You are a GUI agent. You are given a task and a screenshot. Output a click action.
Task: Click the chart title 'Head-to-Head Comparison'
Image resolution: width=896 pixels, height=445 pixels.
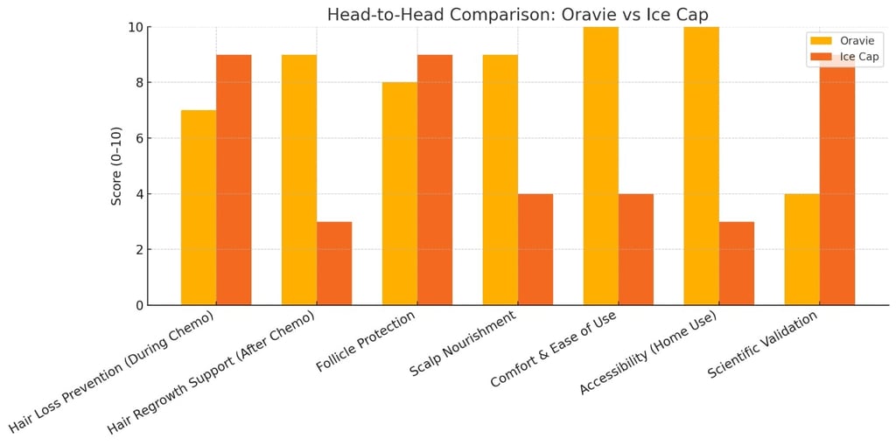pos(517,14)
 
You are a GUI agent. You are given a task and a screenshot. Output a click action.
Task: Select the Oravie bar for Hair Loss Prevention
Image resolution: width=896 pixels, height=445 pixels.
pos(199,207)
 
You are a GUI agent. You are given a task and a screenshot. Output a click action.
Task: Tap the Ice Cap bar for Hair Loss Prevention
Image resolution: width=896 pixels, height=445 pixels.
pos(234,179)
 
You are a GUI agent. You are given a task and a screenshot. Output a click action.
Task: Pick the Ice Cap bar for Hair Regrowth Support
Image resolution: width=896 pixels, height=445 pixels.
pos(334,263)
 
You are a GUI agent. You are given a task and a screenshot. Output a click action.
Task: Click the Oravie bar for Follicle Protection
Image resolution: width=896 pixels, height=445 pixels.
pos(400,193)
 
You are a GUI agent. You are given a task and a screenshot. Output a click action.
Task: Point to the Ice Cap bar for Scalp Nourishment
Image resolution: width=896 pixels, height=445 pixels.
pos(535,249)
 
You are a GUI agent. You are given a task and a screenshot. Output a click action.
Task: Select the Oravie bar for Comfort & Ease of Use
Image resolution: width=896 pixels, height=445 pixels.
pos(601,166)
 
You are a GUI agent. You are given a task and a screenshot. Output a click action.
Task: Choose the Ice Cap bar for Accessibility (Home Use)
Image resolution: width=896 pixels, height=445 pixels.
pos(737,263)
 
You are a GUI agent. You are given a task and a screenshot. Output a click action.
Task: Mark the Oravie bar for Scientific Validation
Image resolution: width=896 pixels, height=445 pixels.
pos(802,249)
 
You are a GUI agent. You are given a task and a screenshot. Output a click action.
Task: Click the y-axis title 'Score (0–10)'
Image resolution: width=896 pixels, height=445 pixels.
pos(116,166)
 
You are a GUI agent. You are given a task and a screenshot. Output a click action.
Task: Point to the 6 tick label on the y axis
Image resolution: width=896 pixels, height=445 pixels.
pos(138,138)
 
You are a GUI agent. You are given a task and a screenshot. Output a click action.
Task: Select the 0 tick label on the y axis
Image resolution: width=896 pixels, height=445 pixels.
pos(138,305)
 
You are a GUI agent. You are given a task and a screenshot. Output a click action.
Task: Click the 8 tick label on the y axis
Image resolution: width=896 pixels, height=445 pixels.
pos(138,83)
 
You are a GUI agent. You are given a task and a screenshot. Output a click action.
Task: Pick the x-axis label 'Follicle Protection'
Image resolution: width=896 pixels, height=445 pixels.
pos(367,340)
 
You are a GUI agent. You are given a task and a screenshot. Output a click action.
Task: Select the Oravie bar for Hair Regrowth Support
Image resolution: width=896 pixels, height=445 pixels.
pos(299,179)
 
